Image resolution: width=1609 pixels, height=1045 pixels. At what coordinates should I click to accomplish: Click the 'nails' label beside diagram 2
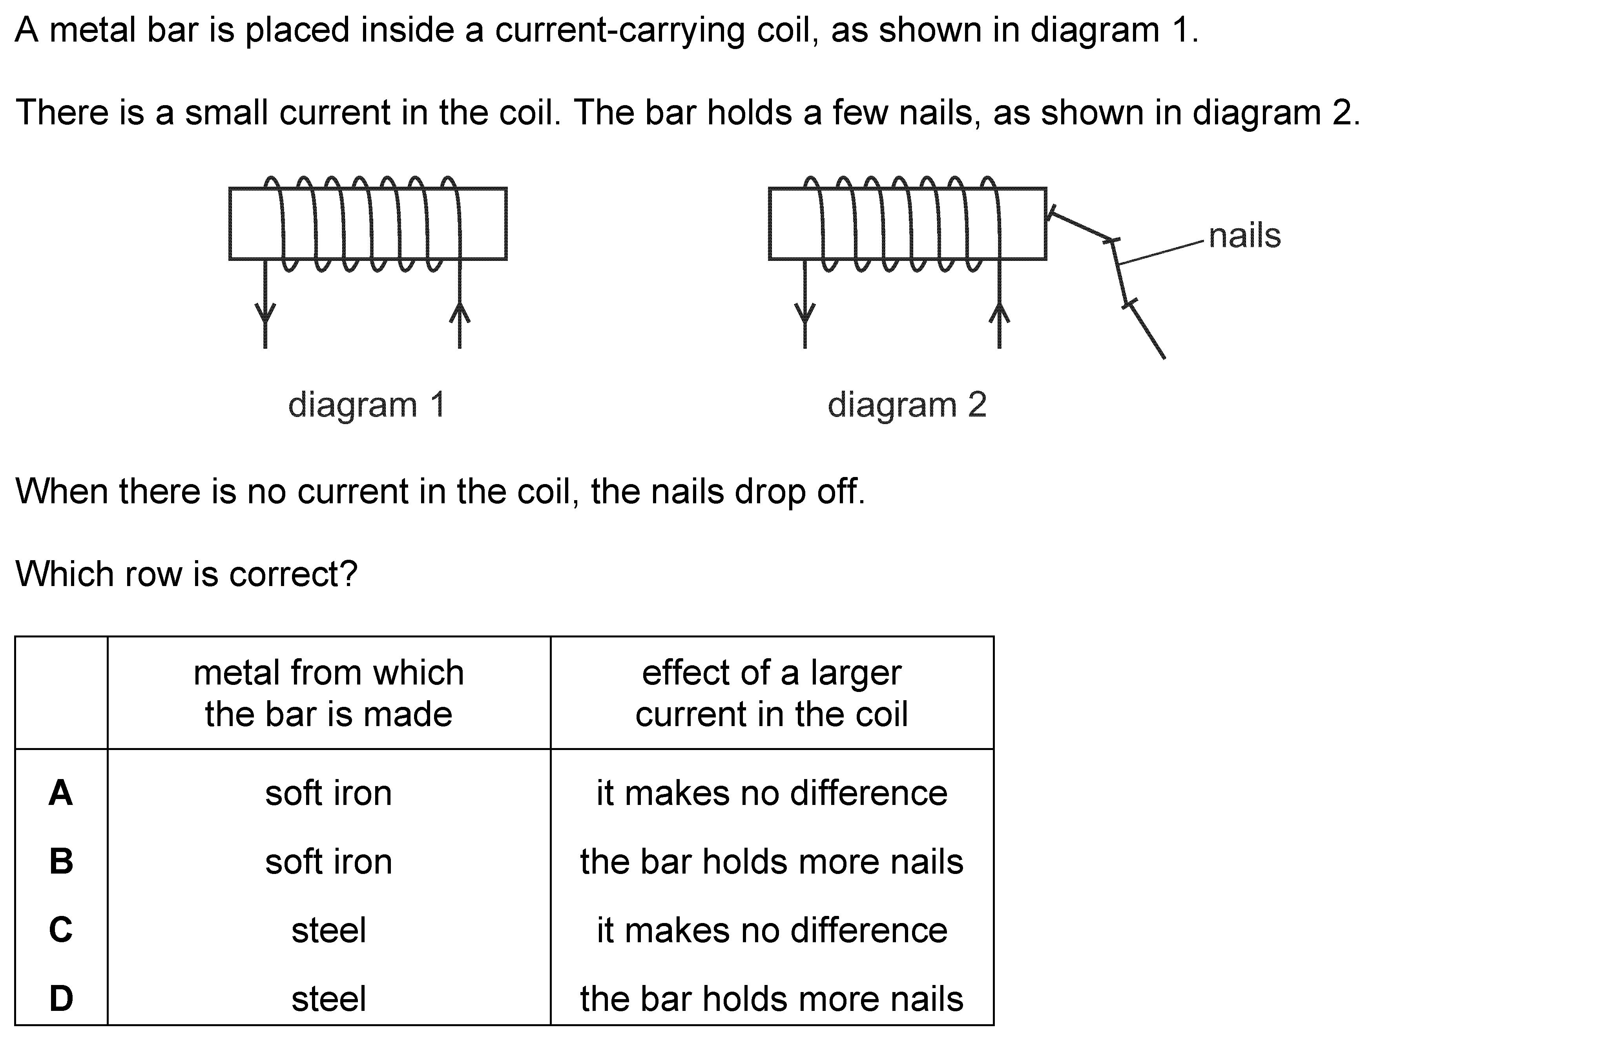click(x=1244, y=236)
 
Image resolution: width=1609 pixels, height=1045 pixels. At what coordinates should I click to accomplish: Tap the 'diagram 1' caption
click(x=367, y=405)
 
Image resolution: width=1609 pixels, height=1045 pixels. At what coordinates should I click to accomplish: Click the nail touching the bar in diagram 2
click(x=1081, y=225)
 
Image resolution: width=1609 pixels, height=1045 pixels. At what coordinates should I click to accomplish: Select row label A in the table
click(x=61, y=793)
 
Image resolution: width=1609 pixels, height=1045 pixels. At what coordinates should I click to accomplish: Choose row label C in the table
click(x=61, y=930)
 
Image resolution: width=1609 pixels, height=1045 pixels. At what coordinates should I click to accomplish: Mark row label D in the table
click(x=61, y=998)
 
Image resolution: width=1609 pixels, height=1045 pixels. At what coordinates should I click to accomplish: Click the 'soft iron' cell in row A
click(x=328, y=793)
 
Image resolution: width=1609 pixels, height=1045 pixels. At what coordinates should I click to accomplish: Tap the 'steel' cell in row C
click(x=328, y=930)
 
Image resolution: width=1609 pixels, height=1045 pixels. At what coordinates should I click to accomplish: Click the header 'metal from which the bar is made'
click(x=328, y=694)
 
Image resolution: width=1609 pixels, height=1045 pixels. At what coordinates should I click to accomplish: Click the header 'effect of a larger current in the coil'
click(x=772, y=694)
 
